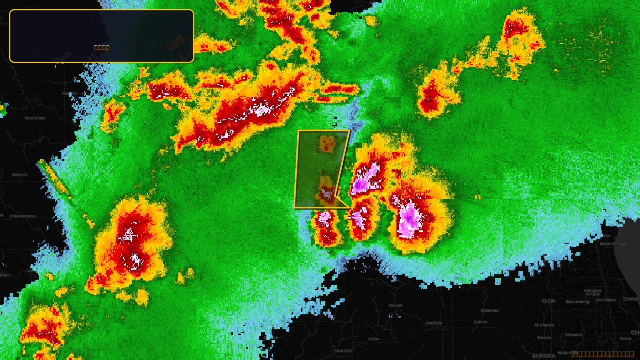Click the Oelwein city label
20,174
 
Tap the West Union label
35,118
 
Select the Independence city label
23,216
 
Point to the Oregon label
396,305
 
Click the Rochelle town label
434,323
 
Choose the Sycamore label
490,310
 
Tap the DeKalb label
480,322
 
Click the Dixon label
374,339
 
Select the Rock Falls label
343,351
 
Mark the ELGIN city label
549,301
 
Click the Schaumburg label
578,302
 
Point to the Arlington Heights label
592,292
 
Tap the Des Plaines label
606,300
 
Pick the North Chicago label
613,244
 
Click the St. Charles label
544,325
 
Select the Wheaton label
574,334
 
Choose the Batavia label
544,337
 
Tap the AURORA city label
544,356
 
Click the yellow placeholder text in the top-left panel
102,47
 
